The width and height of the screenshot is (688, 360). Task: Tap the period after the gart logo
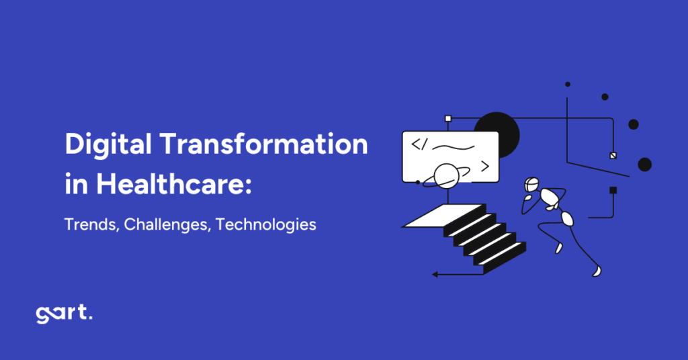(x=90, y=319)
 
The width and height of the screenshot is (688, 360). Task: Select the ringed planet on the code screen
(x=446, y=176)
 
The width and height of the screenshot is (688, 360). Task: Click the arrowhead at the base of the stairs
(x=435, y=274)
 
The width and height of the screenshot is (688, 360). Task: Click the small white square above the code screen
(x=448, y=119)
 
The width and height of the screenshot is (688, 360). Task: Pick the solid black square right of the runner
(x=613, y=190)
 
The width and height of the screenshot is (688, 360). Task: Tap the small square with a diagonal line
(x=612, y=155)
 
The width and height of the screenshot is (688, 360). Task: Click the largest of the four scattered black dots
(x=645, y=165)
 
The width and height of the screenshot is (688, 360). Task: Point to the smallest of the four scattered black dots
(x=568, y=85)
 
